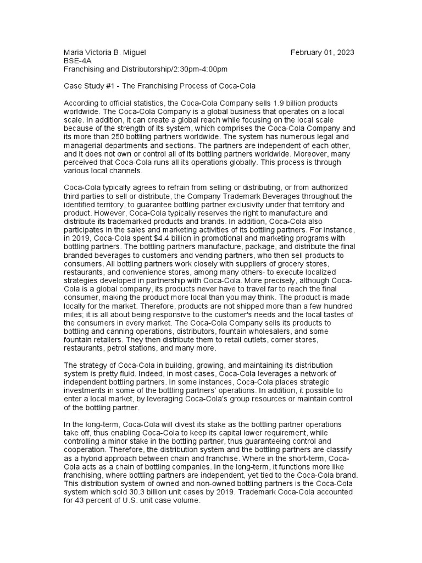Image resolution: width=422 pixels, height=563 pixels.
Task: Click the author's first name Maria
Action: coord(74,52)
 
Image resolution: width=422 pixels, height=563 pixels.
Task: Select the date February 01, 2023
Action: coord(323,52)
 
